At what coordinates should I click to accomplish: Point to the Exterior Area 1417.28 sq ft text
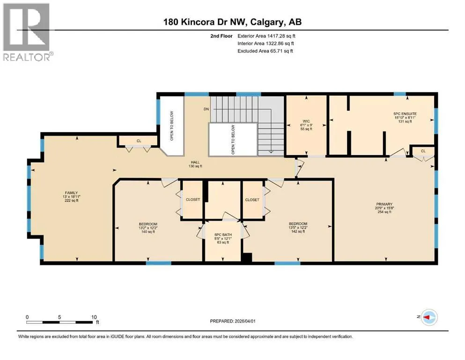(x=266, y=36)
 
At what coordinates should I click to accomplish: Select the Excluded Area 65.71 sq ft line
(x=265, y=51)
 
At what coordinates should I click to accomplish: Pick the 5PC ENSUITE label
(x=405, y=113)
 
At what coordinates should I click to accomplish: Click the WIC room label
(x=306, y=121)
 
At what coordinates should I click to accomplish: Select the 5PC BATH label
(x=223, y=235)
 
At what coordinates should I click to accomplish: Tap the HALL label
(x=195, y=162)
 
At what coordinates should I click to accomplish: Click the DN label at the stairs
(x=207, y=109)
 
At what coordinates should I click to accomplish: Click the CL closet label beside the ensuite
(x=423, y=151)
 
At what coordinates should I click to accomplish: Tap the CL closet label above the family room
(x=139, y=141)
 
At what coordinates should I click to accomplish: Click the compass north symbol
(x=429, y=317)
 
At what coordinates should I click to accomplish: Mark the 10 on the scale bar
(x=94, y=317)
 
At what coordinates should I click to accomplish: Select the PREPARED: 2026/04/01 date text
(x=232, y=321)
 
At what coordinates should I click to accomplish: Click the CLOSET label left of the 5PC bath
(x=193, y=199)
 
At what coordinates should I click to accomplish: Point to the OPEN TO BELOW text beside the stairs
(x=233, y=140)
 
